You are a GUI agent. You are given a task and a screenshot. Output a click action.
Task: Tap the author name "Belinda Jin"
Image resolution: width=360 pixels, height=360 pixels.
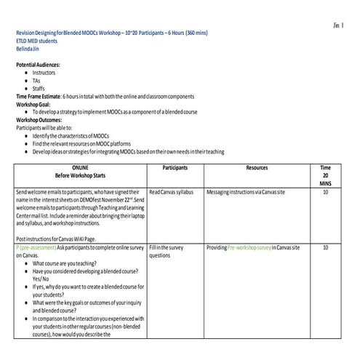click(x=30, y=49)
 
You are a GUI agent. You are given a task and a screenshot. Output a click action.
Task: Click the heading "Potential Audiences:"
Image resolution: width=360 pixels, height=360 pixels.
click(x=43, y=65)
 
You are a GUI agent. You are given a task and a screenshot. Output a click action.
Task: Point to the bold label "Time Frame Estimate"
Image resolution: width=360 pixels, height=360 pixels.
click(x=37, y=97)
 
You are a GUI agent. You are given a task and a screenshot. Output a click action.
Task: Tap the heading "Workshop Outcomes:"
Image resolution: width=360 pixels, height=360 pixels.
click(x=43, y=120)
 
